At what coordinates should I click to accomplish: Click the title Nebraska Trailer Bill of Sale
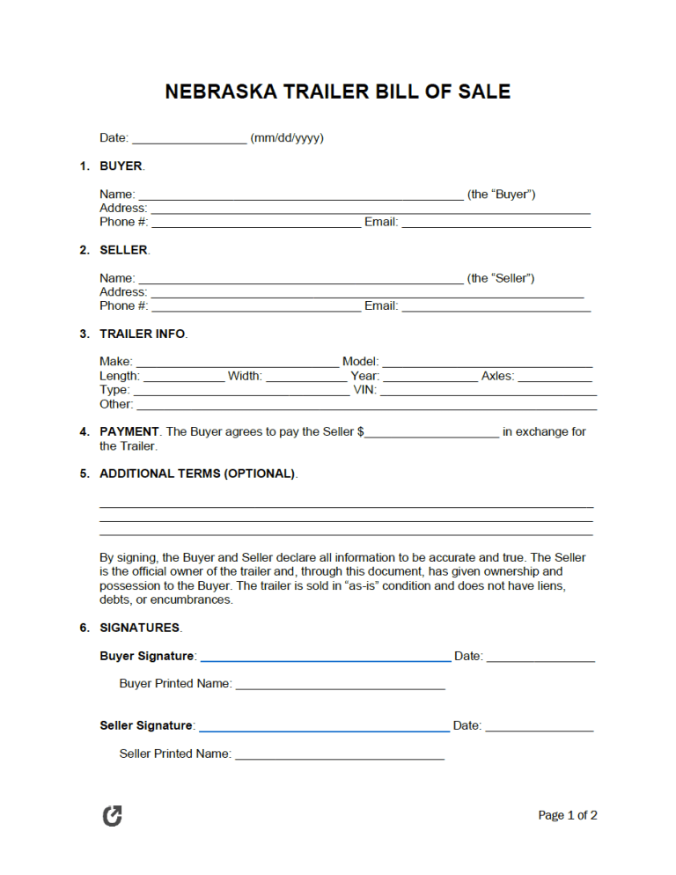[x=337, y=92]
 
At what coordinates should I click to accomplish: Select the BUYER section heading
[x=121, y=165]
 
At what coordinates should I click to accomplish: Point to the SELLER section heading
[x=124, y=250]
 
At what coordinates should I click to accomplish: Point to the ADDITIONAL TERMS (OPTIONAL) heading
[x=197, y=474]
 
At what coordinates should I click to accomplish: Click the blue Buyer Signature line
[x=325, y=658]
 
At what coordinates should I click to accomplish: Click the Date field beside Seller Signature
[x=540, y=728]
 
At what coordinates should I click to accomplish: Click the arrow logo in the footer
[x=113, y=816]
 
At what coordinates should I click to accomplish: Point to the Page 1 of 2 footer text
[x=568, y=816]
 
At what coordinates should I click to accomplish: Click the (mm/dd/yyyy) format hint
[x=287, y=138]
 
